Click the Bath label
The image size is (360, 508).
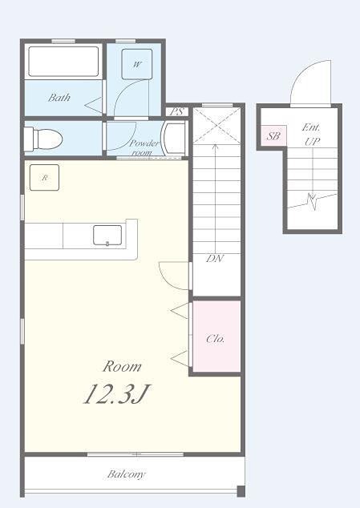[59, 97]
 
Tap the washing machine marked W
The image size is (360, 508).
[137, 64]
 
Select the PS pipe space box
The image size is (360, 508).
[177, 111]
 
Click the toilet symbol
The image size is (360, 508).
[43, 139]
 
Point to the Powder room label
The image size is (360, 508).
[144, 147]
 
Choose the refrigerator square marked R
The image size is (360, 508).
[44, 178]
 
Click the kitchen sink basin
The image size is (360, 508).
[107, 236]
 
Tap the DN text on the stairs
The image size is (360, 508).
[215, 259]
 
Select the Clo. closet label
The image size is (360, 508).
[216, 339]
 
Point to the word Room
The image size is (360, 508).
[122, 366]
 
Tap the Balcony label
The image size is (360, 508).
[127, 474]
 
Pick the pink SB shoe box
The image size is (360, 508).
[273, 135]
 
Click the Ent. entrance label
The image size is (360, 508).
[311, 127]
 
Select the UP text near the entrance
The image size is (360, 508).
[312, 141]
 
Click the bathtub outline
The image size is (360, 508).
[63, 62]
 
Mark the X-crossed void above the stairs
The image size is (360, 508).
[217, 126]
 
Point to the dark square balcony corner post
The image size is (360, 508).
[241, 491]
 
